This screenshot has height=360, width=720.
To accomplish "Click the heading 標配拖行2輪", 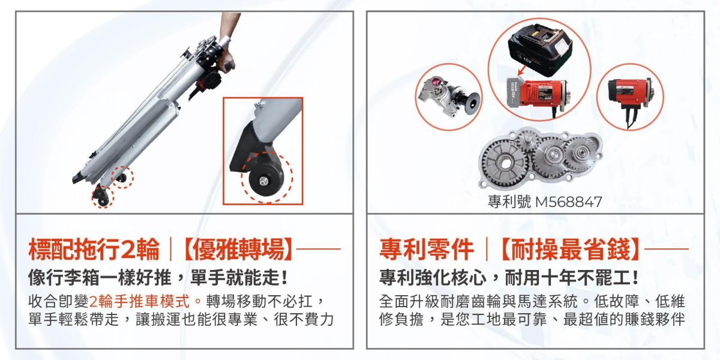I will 94,249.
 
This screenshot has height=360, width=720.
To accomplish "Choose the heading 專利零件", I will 427,249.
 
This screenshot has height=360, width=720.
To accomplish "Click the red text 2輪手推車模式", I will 145,300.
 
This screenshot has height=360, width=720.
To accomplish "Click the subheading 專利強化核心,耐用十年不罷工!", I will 509,278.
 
